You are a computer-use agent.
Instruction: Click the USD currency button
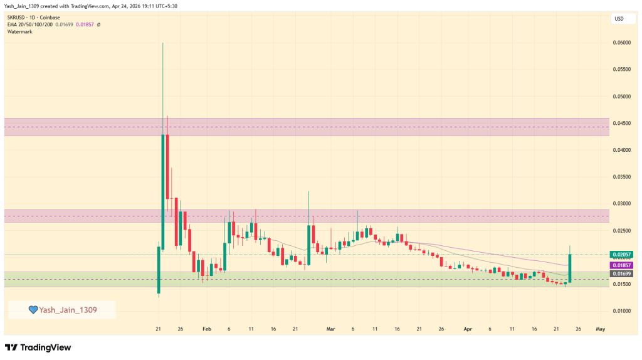click(618, 19)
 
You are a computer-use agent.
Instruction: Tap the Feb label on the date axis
click(207, 329)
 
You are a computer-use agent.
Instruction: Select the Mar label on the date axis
click(331, 329)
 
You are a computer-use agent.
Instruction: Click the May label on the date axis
click(600, 329)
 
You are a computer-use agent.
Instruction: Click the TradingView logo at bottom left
click(38, 347)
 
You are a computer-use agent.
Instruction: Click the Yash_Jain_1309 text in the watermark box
click(68, 310)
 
